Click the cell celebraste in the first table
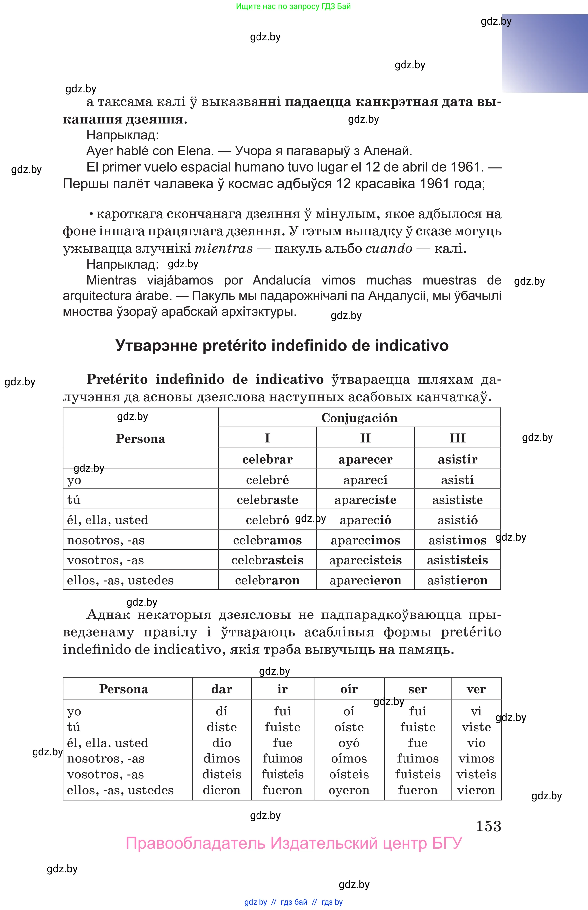click(x=267, y=499)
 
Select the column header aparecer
click(x=365, y=459)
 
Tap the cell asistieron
click(x=457, y=580)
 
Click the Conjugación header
click(x=359, y=418)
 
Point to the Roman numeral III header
click(x=457, y=438)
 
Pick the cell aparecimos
click(x=365, y=540)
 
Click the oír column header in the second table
click(x=349, y=689)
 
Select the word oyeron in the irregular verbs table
click(x=349, y=790)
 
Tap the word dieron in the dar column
click(x=221, y=790)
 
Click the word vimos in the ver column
click(x=476, y=758)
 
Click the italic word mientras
click(x=224, y=248)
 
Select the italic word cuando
click(x=389, y=248)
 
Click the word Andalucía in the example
click(x=281, y=280)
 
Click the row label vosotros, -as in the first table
click(x=106, y=560)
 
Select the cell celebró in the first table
click(x=267, y=520)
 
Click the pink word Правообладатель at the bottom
click(x=195, y=843)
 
